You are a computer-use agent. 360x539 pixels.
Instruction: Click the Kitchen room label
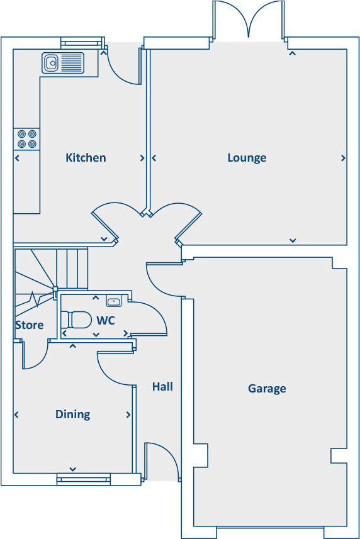[x=86, y=158]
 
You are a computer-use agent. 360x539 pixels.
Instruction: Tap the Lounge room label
[x=247, y=158]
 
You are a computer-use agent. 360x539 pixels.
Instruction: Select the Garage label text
[x=267, y=389]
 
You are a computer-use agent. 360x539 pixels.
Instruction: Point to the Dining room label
[x=72, y=414]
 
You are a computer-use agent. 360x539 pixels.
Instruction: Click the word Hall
[x=162, y=387]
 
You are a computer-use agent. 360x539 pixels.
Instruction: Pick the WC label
[x=105, y=321]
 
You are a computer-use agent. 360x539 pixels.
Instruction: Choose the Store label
[x=30, y=325]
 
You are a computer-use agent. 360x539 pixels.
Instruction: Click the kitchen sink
[x=63, y=63]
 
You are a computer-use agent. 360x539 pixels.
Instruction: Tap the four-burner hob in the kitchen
[x=26, y=138]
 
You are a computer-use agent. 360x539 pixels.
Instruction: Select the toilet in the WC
[x=77, y=320]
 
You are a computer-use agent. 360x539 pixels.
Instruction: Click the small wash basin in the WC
[x=114, y=301]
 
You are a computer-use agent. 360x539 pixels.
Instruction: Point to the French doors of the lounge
[x=250, y=20]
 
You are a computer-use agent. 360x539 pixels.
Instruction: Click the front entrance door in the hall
[x=160, y=462]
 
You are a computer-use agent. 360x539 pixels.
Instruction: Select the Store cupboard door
[x=35, y=355]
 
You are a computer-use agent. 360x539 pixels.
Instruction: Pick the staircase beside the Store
[x=50, y=270]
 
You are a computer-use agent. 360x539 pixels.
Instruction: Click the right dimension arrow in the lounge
[x=343, y=158]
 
